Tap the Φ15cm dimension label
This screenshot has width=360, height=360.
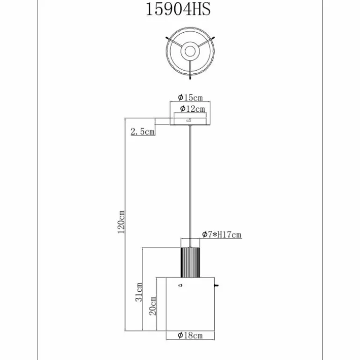point(190,98)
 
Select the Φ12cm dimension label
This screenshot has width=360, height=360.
point(192,109)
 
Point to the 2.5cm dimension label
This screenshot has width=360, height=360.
point(143,132)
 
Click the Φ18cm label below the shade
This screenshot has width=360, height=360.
point(190,336)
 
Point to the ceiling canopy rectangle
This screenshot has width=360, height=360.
point(190,120)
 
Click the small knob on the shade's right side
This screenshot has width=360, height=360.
point(216,285)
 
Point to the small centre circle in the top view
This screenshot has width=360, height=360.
point(190,51)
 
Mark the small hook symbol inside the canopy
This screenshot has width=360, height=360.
point(189,120)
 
